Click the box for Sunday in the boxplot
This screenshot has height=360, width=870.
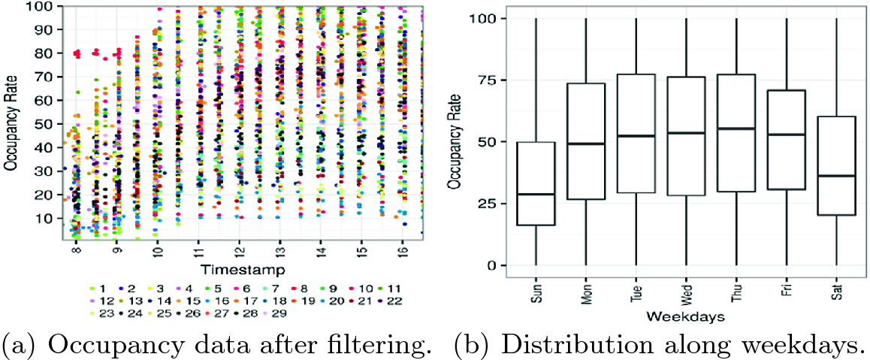535,183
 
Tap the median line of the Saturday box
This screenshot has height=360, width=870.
836,176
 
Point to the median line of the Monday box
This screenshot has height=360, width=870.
585,144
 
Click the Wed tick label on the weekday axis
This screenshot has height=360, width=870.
686,289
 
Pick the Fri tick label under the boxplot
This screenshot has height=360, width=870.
786,289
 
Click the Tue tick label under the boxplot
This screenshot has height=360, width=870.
636,289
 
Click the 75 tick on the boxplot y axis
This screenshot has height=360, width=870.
488,80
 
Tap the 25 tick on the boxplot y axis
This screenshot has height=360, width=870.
488,204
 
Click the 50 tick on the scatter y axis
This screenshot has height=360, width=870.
43,124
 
